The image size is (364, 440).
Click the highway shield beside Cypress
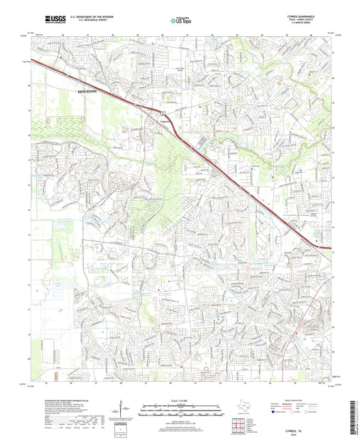tap(164, 112)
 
